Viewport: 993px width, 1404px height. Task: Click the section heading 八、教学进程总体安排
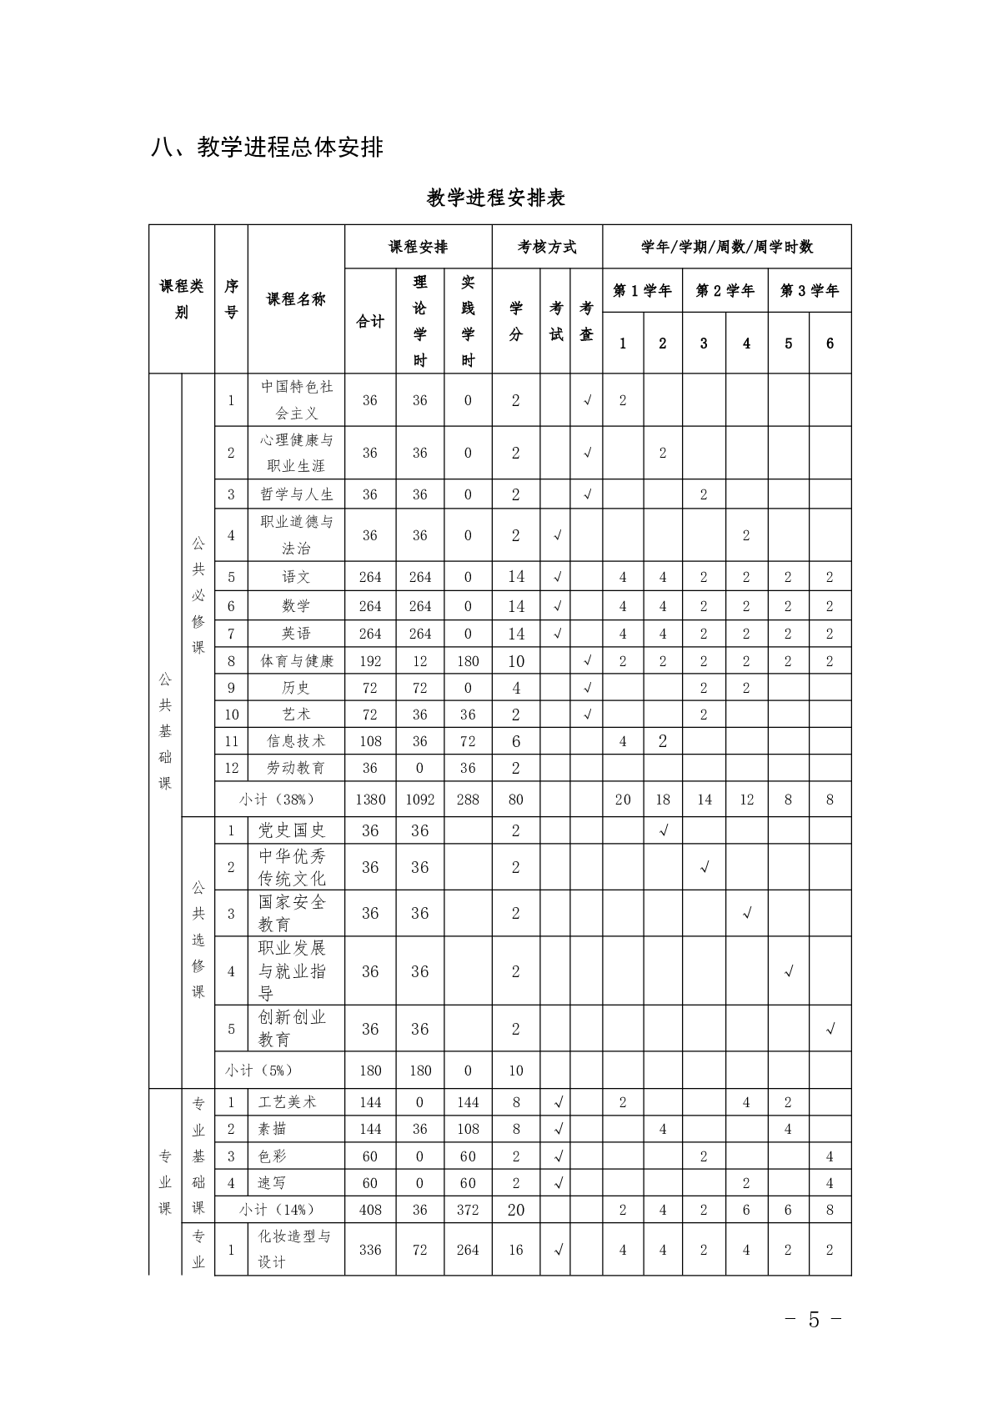pyautogui.click(x=267, y=147)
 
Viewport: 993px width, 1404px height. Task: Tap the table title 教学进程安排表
pyautogui.click(x=496, y=198)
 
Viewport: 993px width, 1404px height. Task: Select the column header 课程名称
pyautogui.click(x=296, y=299)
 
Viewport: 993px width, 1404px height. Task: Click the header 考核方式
pyautogui.click(x=547, y=247)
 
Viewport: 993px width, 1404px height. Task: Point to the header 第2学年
pyautogui.click(x=725, y=291)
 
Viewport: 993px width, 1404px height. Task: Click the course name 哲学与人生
pyautogui.click(x=296, y=494)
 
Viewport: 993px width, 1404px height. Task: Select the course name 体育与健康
pyautogui.click(x=296, y=661)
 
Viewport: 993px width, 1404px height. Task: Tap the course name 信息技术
pyautogui.click(x=296, y=741)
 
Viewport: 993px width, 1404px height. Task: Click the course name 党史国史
pyautogui.click(x=292, y=830)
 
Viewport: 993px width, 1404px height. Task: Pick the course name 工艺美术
pyautogui.click(x=288, y=1102)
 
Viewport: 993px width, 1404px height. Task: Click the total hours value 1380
pyautogui.click(x=370, y=800)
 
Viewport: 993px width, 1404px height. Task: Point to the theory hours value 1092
pyautogui.click(x=419, y=800)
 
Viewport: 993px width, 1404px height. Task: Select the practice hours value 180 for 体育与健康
pyautogui.click(x=468, y=661)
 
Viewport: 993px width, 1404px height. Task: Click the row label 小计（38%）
pyautogui.click(x=278, y=800)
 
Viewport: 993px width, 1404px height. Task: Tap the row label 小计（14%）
pyautogui.click(x=278, y=1210)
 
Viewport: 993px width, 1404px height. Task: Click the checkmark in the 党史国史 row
pyautogui.click(x=664, y=830)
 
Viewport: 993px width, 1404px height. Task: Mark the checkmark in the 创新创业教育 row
pyautogui.click(x=830, y=1030)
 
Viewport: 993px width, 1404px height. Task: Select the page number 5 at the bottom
pyautogui.click(x=814, y=1320)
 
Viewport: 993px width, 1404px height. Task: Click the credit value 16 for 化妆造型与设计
pyautogui.click(x=516, y=1250)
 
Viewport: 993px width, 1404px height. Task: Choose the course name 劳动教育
pyautogui.click(x=296, y=768)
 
